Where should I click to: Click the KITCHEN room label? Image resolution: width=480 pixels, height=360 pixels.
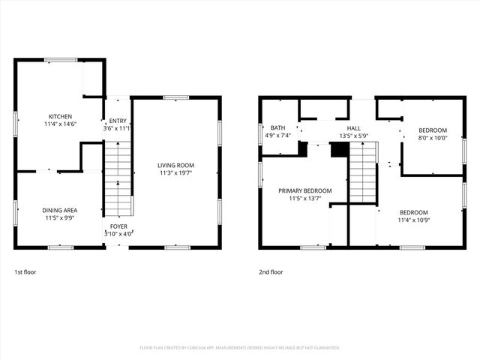60,116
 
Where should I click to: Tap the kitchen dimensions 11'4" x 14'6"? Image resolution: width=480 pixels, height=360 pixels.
60,124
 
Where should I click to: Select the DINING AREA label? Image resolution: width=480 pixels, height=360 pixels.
60,210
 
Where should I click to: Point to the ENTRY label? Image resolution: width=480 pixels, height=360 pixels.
118,121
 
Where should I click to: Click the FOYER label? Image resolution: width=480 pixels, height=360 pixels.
118,226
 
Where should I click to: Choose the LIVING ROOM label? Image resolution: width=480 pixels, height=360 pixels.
175,165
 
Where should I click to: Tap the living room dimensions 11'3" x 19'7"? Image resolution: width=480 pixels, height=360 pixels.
175,173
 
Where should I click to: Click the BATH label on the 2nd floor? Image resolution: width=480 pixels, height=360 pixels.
278,128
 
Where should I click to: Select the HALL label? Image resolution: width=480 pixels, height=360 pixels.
354,128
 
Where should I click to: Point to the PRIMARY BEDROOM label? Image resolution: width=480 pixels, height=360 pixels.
304,191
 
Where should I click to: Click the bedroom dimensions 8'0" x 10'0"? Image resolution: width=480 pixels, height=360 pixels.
432,137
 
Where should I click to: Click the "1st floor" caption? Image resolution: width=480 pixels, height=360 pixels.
26,272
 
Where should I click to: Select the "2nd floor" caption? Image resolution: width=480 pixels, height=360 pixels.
271,272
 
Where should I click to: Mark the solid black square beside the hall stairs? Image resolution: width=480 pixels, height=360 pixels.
340,150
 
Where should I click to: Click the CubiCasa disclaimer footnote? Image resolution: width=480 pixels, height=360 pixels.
240,347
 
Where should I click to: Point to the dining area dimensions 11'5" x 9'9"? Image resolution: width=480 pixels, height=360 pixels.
60,218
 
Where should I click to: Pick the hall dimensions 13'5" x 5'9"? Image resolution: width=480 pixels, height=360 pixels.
354,136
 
